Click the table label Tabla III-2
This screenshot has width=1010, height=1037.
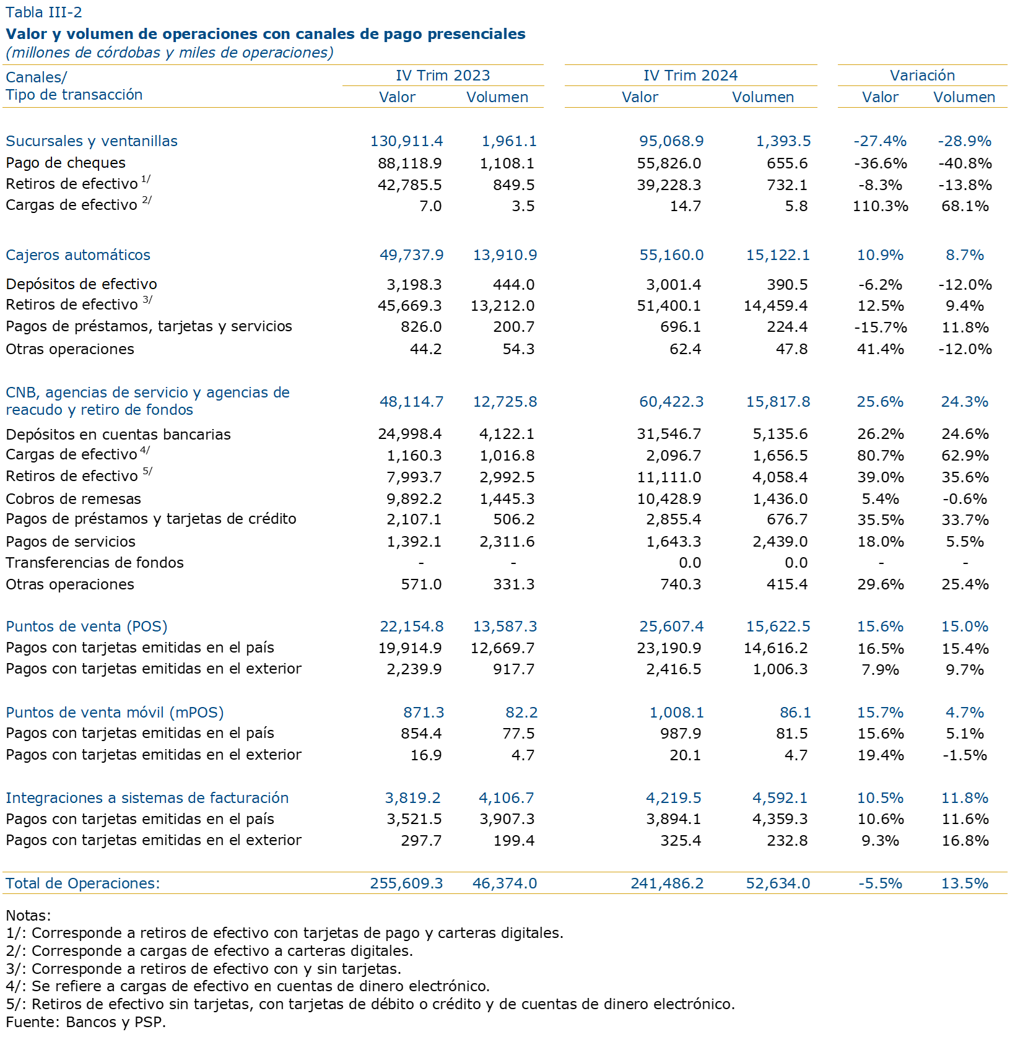pos(43,12)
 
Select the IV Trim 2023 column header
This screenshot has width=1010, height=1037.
pos(443,76)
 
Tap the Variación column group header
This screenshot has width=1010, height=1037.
pos(922,76)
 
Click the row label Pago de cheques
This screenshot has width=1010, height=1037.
pos(66,163)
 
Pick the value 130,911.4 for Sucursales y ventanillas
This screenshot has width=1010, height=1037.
pos(406,141)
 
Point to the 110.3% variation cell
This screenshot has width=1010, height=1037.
pos(880,206)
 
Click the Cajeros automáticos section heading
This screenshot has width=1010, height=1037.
pos(78,255)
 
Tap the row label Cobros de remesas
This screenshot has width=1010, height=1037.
pos(73,499)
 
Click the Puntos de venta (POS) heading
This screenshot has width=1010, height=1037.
pos(87,627)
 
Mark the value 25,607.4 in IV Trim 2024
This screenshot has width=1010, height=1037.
pos(671,627)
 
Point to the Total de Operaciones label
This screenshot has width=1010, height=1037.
pos(83,883)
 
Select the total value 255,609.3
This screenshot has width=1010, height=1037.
pos(406,883)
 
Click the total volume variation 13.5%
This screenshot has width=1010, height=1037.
pos(964,883)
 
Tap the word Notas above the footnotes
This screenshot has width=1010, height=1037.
pos(27,916)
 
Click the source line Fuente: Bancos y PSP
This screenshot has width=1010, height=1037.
pos(85,1022)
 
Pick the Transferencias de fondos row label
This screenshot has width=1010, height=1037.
pos(95,563)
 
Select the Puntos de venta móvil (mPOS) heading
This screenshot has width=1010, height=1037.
pos(115,713)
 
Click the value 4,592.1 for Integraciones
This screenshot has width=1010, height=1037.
pos(781,798)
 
